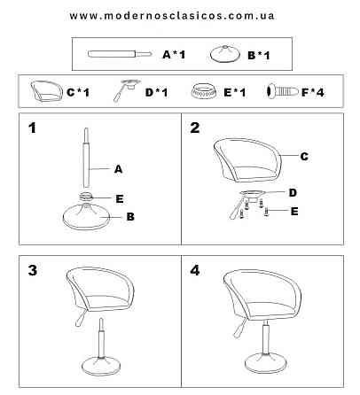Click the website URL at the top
click(172, 16)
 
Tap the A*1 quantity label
click(174, 54)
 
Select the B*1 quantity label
click(259, 55)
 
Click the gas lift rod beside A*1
click(120, 54)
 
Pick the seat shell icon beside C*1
click(47, 91)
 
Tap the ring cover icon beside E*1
click(203, 91)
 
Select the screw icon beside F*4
click(283, 91)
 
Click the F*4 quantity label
click(313, 92)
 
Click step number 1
click(32, 128)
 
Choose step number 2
click(195, 128)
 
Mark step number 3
click(33, 270)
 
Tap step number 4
click(195, 270)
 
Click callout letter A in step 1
click(118, 169)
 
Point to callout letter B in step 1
click(130, 217)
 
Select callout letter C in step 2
click(304, 156)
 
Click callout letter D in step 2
click(293, 193)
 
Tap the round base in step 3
click(101, 366)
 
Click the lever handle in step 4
click(239, 329)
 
